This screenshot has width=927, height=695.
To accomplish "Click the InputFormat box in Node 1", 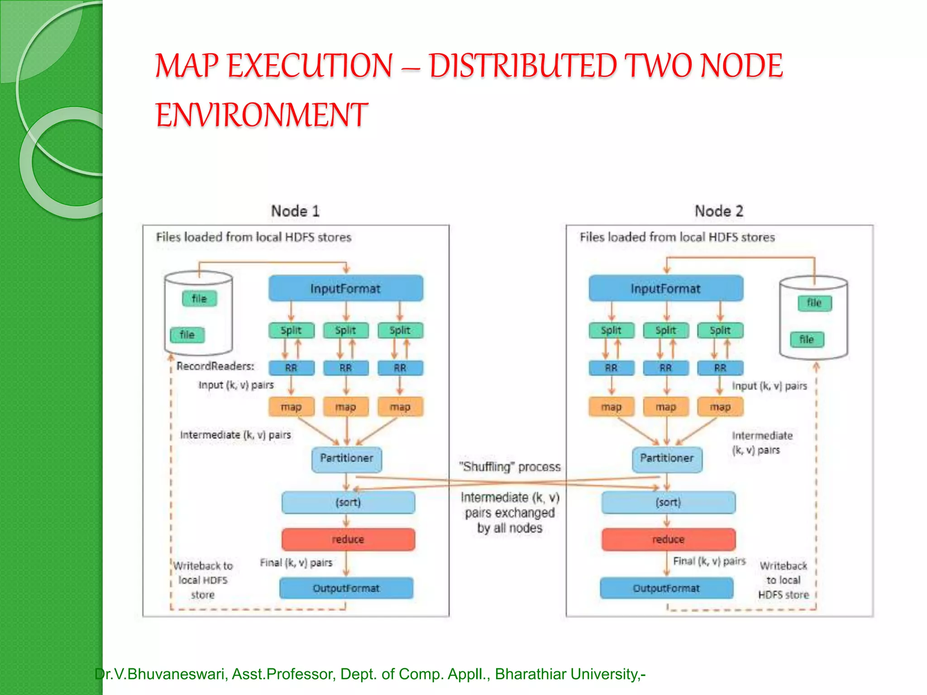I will point(346,288).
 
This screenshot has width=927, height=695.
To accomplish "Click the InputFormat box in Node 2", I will point(666,288).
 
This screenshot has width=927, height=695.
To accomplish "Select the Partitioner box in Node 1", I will point(347,459).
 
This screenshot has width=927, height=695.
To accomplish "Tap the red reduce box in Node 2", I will point(668,539).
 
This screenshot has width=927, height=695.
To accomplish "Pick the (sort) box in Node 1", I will point(348,502).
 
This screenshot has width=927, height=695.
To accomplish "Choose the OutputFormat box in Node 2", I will point(666,588).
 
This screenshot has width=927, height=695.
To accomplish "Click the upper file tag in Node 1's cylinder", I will point(199,299).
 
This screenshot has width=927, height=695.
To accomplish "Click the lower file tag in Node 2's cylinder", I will point(807,339).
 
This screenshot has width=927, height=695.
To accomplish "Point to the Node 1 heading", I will point(295,211).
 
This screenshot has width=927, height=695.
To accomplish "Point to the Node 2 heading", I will point(719,211).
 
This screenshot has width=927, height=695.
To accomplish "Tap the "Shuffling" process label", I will point(510,467).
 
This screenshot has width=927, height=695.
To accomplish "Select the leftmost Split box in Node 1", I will point(291,330).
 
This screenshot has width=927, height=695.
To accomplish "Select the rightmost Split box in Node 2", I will point(720,330).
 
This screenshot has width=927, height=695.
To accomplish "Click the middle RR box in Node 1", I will point(346,368).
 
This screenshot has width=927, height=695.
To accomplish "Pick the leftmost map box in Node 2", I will point(611,407).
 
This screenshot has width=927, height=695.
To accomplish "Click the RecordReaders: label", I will point(215,366).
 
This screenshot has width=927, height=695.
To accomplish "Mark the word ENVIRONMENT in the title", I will point(262,114).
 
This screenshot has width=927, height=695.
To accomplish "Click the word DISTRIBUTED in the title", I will point(523,66).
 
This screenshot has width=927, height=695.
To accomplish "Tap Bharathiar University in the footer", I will point(566,674).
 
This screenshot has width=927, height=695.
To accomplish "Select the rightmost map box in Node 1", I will point(400,407).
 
